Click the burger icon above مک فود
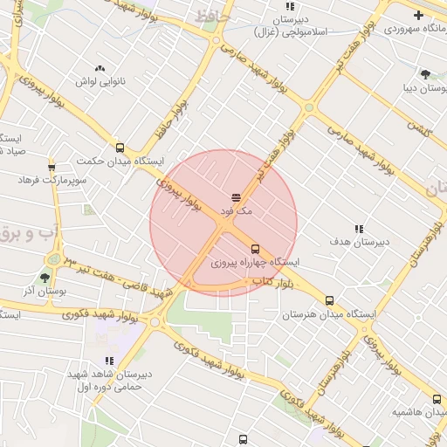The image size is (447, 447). click(x=237, y=197)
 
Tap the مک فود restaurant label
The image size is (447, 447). click(x=237, y=211)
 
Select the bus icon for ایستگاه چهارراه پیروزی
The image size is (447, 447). click(x=255, y=249)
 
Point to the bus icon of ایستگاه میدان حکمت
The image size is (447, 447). click(x=120, y=148)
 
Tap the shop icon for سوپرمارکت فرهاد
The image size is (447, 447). click(x=52, y=167)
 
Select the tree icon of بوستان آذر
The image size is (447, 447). click(x=45, y=278)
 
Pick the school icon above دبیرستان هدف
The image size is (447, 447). click(x=359, y=229)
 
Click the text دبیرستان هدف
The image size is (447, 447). click(x=359, y=242)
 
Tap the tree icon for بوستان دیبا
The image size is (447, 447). click(x=425, y=74)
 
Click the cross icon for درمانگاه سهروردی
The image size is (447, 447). click(x=418, y=15)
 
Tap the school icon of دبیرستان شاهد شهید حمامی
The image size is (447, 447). click(x=109, y=361)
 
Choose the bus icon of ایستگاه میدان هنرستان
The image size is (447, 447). click(x=329, y=300)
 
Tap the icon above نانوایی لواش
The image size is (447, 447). click(x=100, y=67)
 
